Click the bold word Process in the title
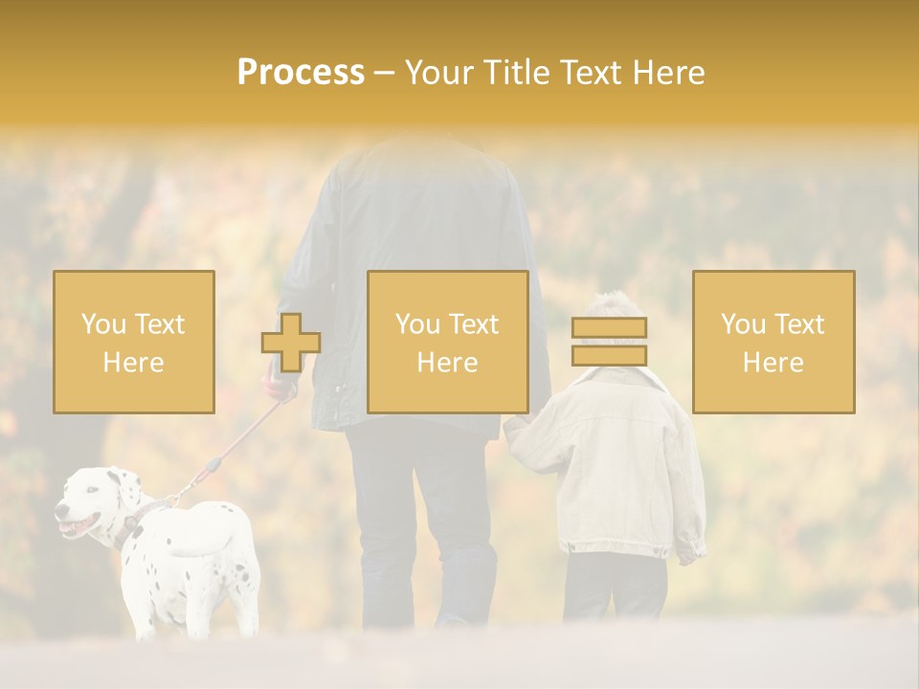(301, 73)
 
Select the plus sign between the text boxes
(291, 343)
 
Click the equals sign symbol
(609, 342)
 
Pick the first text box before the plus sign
(134, 342)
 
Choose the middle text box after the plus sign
(447, 342)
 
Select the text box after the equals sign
(773, 342)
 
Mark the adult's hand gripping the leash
(280, 389)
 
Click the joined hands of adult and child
(511, 426)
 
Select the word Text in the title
(594, 73)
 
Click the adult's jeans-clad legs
(421, 517)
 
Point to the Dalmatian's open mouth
(72, 525)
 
